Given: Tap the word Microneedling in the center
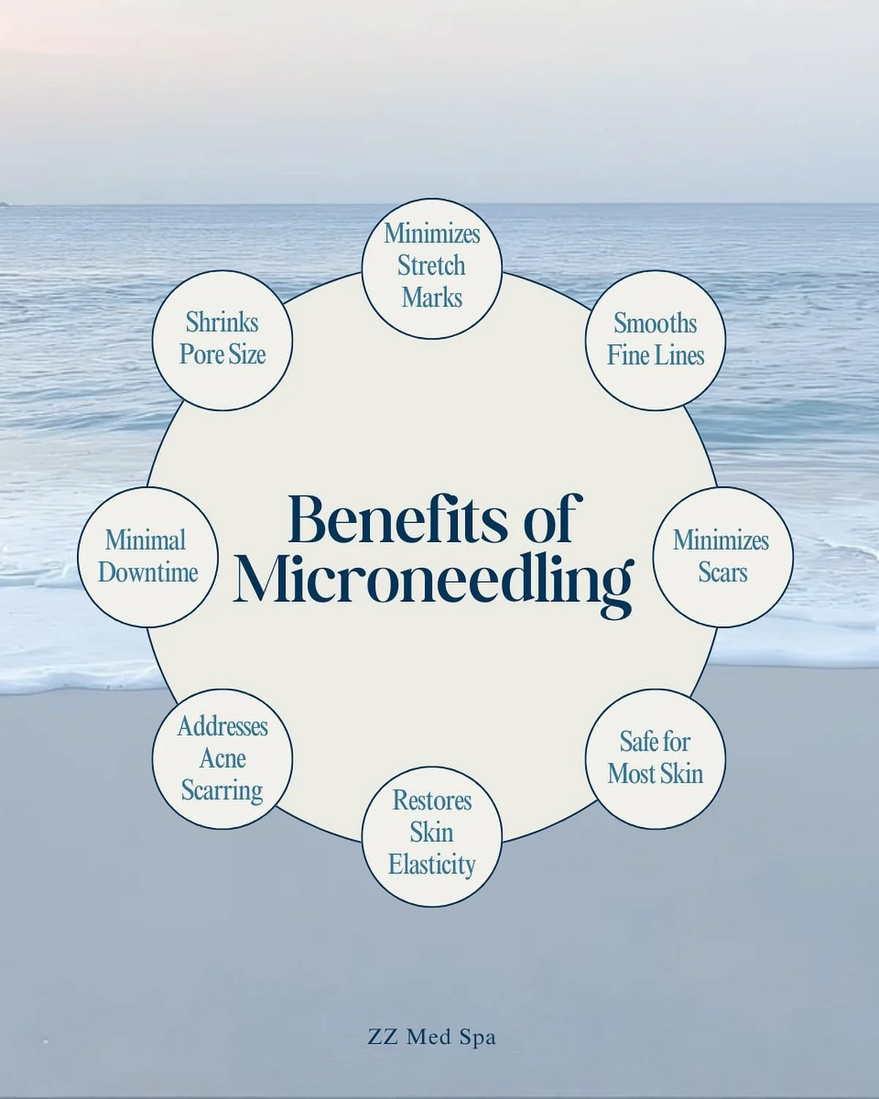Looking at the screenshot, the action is coord(432,580).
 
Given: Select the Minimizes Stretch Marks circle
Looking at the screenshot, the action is coord(432,268).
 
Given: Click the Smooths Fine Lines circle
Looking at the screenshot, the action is coord(656,340).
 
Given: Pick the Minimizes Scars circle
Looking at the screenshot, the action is coord(722,557).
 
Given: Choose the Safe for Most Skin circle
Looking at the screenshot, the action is coord(656,759).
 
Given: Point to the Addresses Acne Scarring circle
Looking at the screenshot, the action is coord(223,759).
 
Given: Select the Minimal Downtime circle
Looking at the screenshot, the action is coord(148,557).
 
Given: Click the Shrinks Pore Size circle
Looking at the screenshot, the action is coord(223,340).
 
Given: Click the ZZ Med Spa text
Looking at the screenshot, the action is coord(432,1037).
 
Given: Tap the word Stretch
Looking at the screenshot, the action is coord(431,265).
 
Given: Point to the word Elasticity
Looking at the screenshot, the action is coord(432,865).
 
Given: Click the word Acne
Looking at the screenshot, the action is coord(223,758).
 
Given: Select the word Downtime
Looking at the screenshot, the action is coord(148,572).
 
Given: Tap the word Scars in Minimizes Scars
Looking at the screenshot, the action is coord(722,572).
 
